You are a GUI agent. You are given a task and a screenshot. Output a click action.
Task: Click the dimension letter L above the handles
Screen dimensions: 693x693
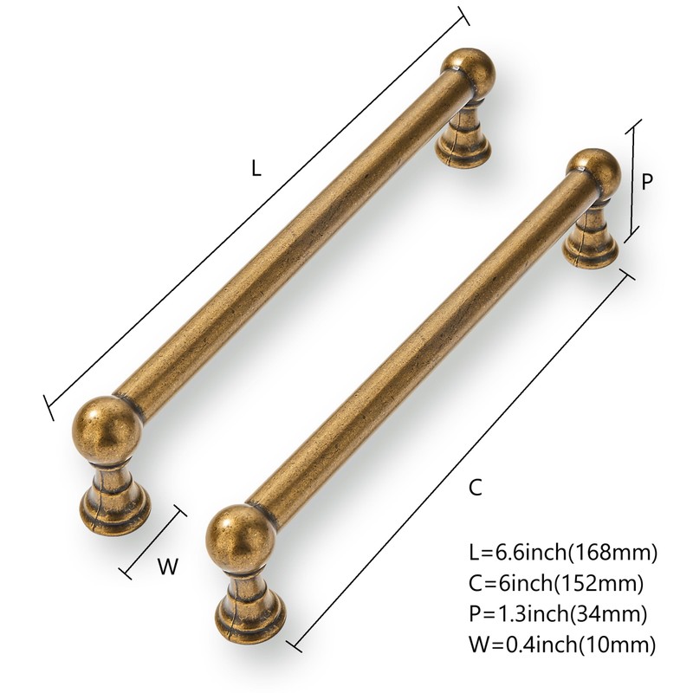[256, 170]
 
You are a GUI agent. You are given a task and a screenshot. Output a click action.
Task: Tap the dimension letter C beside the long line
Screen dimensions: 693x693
[475, 488]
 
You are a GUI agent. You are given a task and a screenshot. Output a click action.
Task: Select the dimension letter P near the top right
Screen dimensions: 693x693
[646, 182]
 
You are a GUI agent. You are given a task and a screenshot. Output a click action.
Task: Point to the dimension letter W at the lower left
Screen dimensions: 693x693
[168, 567]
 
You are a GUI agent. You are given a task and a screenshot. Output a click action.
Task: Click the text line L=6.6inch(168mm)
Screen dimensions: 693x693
[562, 551]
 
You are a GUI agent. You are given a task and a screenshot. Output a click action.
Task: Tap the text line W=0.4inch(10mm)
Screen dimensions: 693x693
[561, 644]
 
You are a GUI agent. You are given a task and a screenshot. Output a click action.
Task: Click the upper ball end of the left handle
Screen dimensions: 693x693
[468, 69]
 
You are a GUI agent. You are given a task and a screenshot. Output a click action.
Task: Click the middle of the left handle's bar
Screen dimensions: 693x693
[285, 238]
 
